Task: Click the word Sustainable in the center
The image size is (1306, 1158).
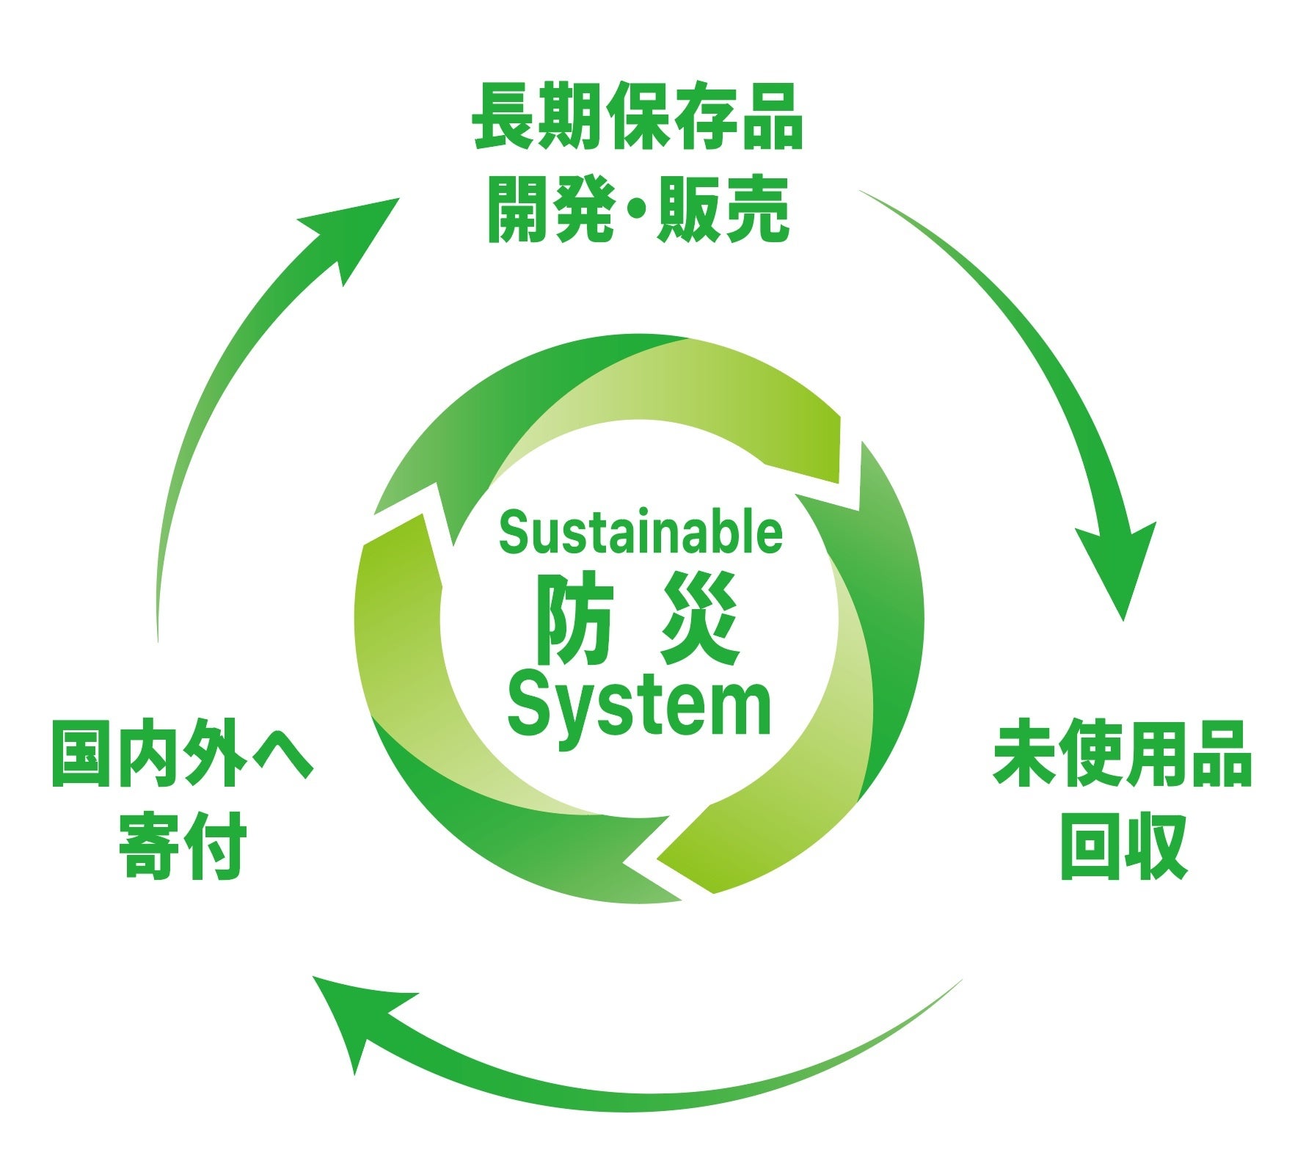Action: click(x=641, y=533)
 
